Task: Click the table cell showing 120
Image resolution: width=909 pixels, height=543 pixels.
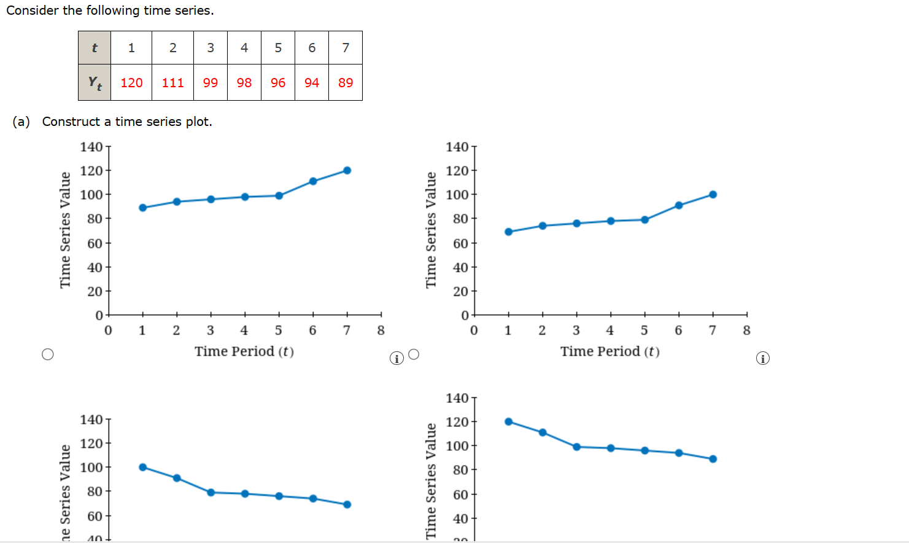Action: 131,82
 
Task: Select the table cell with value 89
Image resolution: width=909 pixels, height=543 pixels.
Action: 346,82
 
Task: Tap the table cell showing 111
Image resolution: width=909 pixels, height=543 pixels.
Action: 172,82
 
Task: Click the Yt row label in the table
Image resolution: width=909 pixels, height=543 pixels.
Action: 95,82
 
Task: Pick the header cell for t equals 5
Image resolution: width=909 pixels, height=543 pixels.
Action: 278,47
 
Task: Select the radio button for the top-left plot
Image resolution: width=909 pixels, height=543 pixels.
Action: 48,354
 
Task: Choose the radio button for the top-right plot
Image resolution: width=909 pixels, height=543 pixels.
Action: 414,354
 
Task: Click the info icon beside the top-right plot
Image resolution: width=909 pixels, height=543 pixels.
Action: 762,358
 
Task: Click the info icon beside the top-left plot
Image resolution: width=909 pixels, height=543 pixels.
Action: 396,358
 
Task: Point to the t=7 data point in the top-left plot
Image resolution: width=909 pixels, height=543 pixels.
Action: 347,170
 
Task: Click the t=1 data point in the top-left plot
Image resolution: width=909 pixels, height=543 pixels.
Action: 143,208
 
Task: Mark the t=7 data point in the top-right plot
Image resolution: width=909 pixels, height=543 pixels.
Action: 713,195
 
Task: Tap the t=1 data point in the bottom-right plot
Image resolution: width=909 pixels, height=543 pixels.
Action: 508,421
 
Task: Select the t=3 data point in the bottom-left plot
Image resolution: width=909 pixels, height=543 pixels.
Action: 211,492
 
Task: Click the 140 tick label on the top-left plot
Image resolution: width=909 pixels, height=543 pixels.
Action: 91,147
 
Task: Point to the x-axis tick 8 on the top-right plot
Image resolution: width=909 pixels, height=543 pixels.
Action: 746,330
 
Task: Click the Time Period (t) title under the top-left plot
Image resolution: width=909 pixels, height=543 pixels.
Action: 244,351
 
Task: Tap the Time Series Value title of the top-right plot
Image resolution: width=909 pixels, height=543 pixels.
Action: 431,230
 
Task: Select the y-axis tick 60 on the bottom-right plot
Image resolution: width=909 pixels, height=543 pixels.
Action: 460,494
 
